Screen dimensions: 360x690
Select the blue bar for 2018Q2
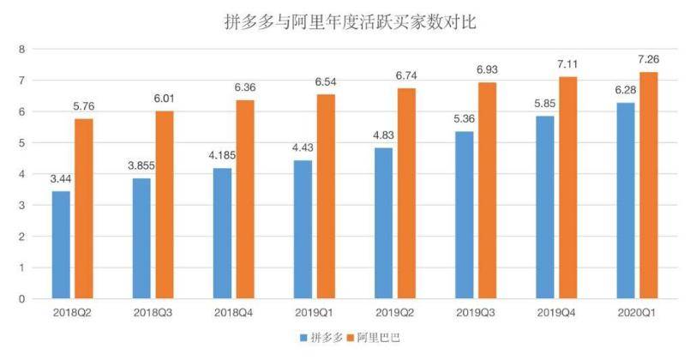61,245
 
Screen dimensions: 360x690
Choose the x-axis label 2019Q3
474,315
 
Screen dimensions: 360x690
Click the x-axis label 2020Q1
635,315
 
